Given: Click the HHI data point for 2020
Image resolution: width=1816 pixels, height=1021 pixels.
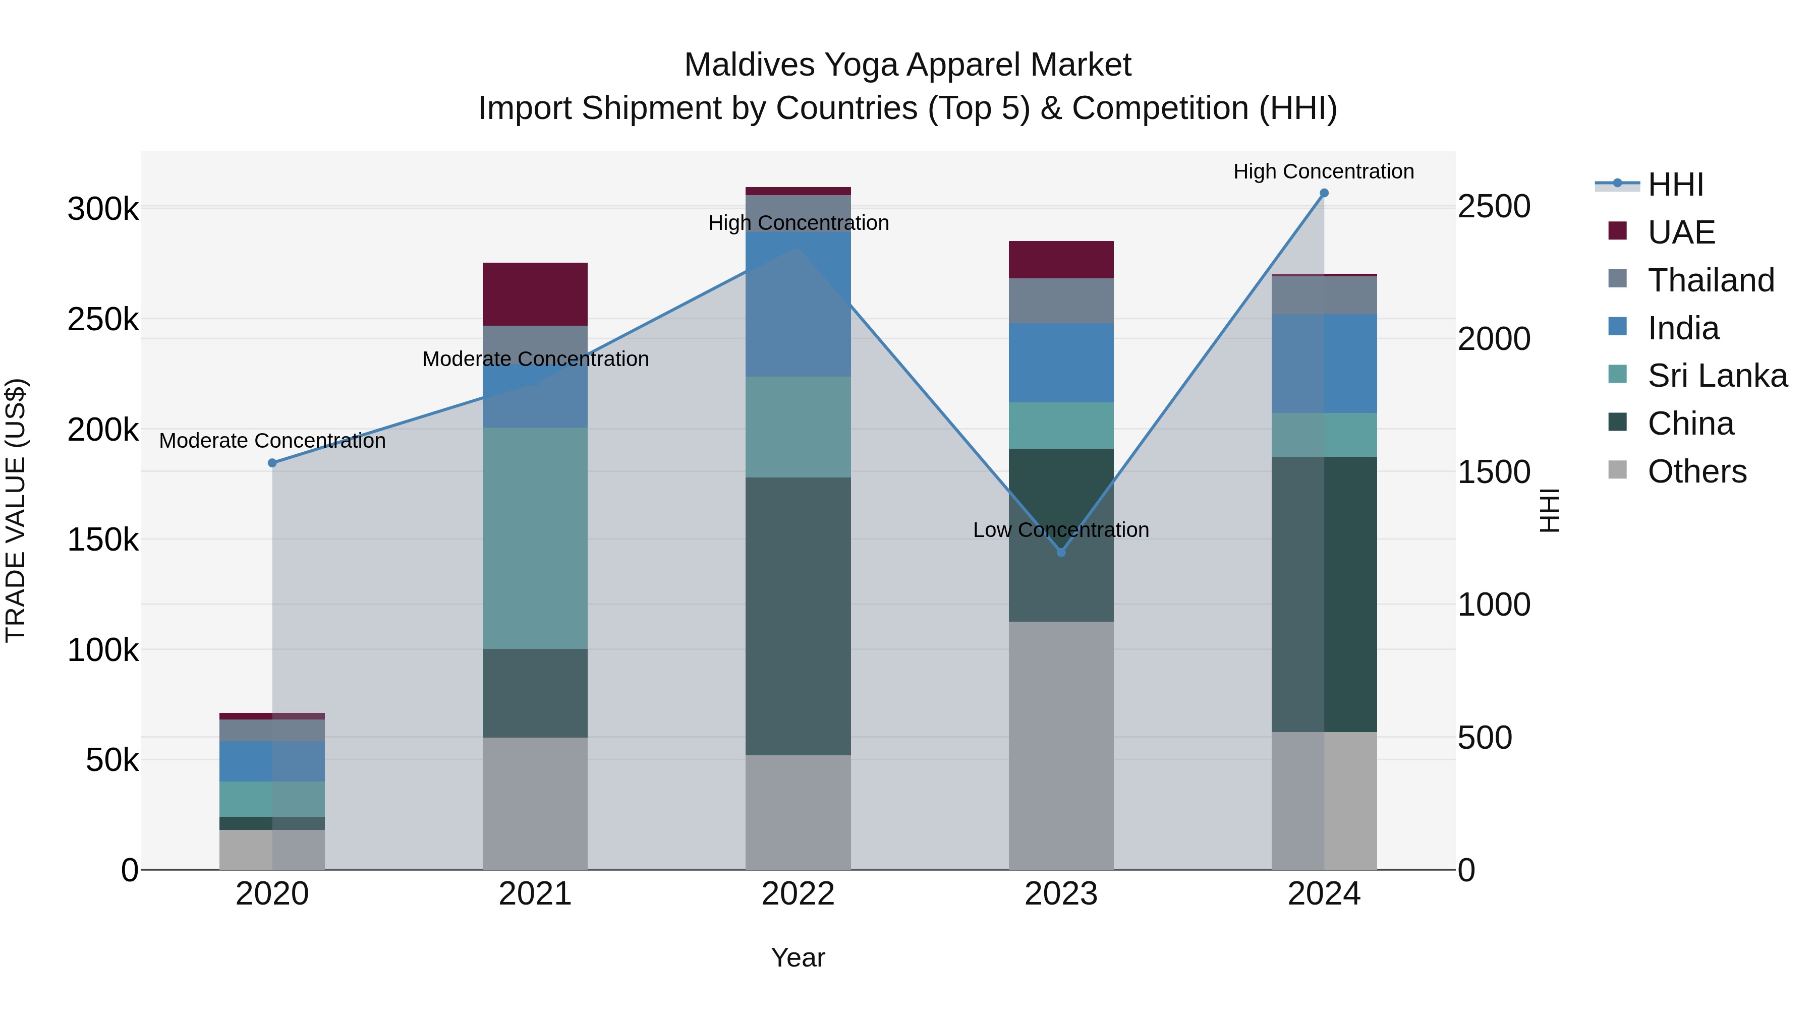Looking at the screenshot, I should coord(272,463).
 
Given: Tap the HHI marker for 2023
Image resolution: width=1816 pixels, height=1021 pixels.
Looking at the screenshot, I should coord(1061,553).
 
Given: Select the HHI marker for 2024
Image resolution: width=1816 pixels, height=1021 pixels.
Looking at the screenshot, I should coord(1324,193).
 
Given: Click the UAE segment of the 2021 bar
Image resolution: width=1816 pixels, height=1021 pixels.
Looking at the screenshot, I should coord(535,294).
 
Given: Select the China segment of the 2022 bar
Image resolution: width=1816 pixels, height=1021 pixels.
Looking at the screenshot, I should coord(798,617).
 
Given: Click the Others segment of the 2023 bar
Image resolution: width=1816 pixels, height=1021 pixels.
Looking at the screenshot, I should coord(1061,746).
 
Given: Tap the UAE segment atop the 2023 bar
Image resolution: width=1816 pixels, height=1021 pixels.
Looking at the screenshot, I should coord(1061,259).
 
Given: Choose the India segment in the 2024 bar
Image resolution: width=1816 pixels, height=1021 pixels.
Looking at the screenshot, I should coord(1324,364).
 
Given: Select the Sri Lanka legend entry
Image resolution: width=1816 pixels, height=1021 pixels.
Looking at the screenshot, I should coord(1717,376).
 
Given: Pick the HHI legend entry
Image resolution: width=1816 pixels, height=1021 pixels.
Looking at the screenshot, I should coord(1675,185).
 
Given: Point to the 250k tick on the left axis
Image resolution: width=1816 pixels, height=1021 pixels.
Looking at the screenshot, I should coord(103,320).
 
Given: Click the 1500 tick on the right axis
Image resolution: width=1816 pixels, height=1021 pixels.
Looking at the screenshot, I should coord(1494,472).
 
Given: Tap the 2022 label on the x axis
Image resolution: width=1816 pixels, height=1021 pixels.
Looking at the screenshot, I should coord(798,894).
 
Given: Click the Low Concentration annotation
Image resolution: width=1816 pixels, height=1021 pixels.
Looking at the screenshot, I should coord(1061,530).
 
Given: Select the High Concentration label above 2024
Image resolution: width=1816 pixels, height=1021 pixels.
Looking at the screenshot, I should coord(1323,171).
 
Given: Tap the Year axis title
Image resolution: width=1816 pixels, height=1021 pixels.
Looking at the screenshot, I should coord(798,957).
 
